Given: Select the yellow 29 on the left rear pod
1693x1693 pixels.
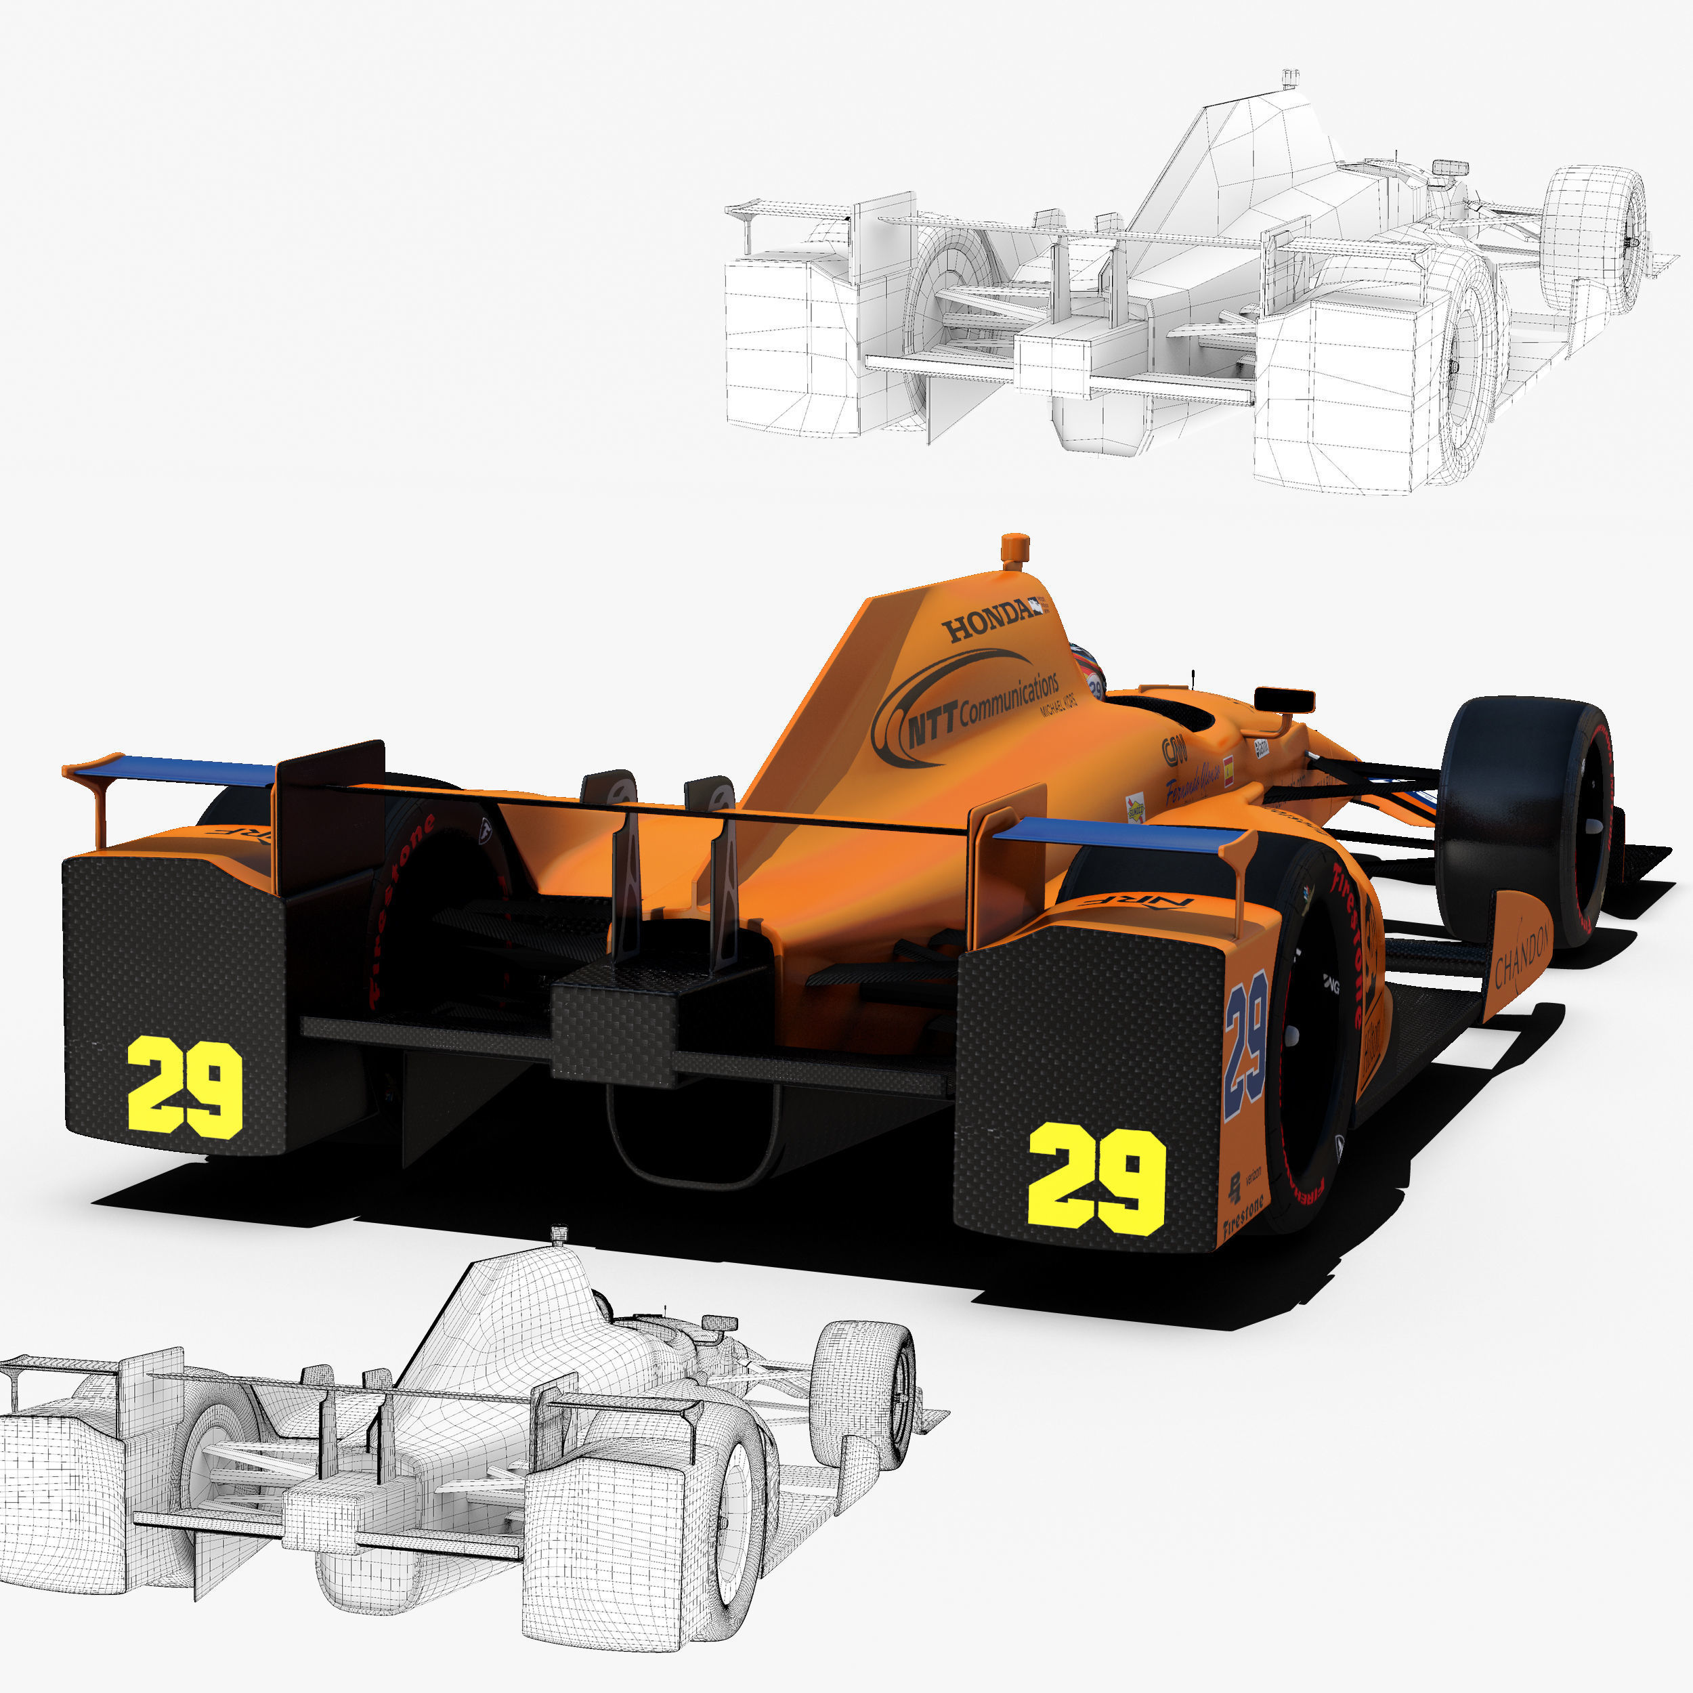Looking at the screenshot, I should [185, 1087].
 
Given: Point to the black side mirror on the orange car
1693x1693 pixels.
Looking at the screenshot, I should [1284, 700].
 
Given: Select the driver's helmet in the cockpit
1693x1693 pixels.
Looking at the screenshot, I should [1089, 670].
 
